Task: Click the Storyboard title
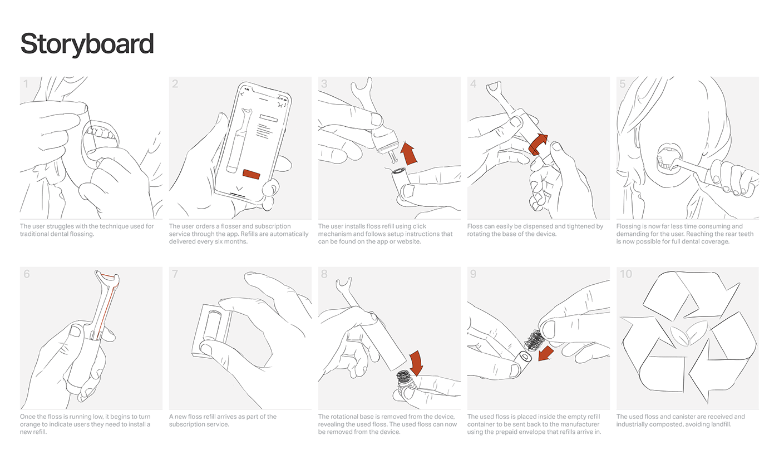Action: point(87,44)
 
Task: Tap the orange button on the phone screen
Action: point(251,174)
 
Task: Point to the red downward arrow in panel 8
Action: point(416,363)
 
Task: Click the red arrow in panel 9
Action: point(546,353)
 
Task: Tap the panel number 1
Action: point(26,84)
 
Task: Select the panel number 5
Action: point(623,84)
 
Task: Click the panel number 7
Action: point(175,274)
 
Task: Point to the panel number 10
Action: point(626,274)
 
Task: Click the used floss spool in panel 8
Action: point(404,377)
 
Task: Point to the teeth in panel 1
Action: point(101,133)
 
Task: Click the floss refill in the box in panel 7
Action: point(212,326)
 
